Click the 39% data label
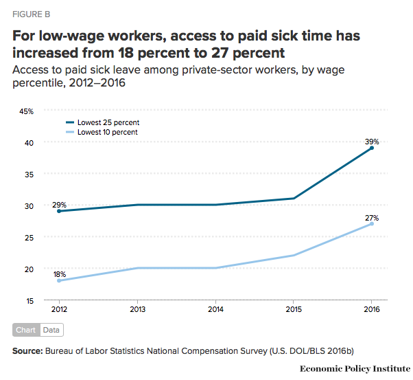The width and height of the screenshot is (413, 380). point(372,141)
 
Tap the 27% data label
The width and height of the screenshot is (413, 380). point(372,217)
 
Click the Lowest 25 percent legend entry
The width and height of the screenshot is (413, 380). point(102,122)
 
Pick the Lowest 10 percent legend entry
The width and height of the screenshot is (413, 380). point(102,132)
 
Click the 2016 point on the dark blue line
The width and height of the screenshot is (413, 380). point(372,148)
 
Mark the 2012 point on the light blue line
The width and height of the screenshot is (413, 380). point(59,280)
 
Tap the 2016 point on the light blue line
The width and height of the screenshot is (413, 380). point(372,223)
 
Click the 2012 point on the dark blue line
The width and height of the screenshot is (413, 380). point(59,211)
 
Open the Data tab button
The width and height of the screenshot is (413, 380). point(51,330)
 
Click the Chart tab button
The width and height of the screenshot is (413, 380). point(26,330)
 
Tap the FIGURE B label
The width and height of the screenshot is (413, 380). point(32,13)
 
